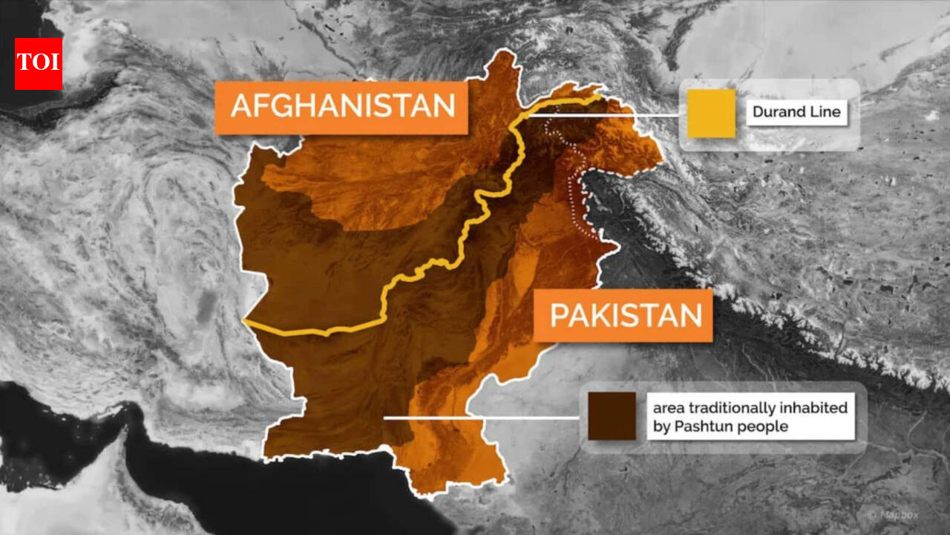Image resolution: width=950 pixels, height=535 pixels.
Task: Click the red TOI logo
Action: point(38,63)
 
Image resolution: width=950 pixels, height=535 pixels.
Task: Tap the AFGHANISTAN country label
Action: point(341,107)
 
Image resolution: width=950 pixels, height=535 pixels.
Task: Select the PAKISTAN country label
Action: point(624,316)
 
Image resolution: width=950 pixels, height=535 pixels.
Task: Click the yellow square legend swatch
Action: point(710,114)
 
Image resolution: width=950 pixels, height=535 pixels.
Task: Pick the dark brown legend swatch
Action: point(612,416)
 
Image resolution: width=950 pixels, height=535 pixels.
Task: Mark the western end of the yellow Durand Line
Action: point(246,322)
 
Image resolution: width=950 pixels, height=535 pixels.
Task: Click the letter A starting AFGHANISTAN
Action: point(240,107)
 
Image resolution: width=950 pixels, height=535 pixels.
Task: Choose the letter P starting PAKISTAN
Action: point(559,316)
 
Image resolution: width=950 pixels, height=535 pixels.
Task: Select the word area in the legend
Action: point(668,408)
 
